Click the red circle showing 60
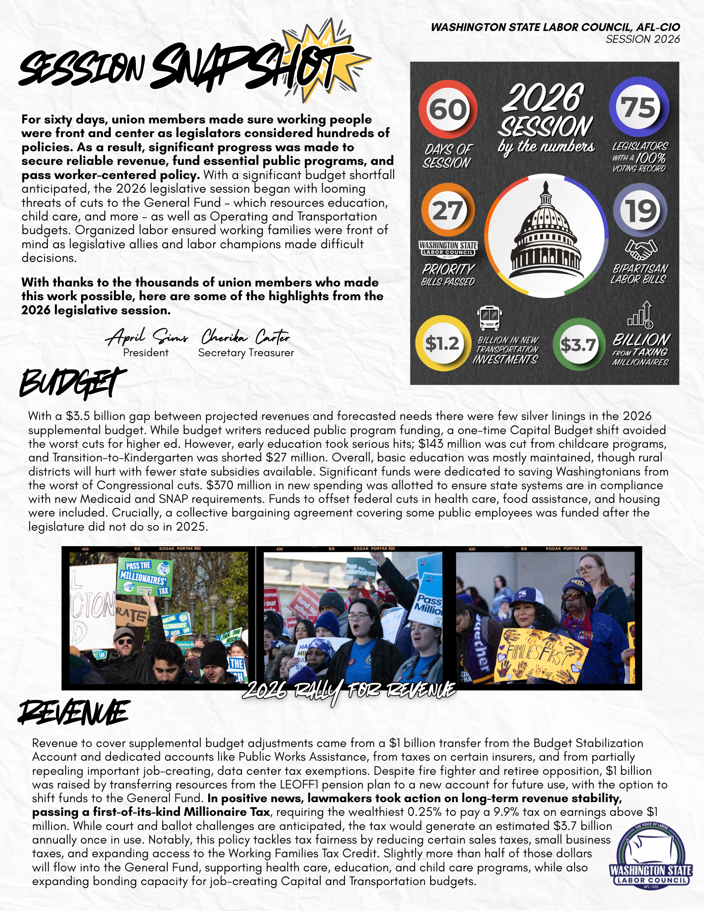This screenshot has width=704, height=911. point(448,110)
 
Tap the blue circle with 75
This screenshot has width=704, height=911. point(639,108)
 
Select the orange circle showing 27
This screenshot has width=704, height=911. point(447,210)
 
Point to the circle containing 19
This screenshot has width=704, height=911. point(640,210)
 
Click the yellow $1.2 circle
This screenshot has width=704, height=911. point(442,343)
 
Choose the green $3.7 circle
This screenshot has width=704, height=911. point(578,345)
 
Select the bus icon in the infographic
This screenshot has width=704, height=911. point(490,318)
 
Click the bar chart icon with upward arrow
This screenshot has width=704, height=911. point(641,316)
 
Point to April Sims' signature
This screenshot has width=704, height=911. point(147,337)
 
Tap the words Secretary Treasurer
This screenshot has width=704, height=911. point(246,353)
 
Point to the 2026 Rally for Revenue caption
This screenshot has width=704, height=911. point(349,691)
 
